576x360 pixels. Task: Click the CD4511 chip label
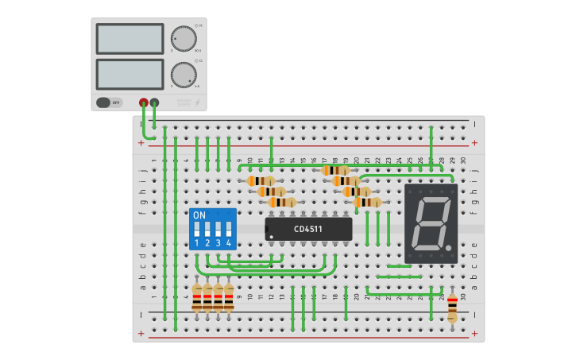click(x=308, y=230)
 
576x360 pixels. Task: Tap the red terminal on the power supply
click(x=144, y=103)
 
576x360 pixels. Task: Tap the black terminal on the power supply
click(x=154, y=103)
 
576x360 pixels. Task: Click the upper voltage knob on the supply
click(x=184, y=38)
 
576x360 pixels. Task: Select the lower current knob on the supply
click(x=184, y=75)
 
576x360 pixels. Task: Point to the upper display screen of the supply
click(x=130, y=38)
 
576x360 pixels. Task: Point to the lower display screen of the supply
click(x=130, y=75)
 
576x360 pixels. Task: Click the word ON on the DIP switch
click(x=199, y=215)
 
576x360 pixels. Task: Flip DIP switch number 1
click(x=197, y=230)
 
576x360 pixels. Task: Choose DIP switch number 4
click(x=229, y=230)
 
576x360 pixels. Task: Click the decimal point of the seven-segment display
click(x=449, y=250)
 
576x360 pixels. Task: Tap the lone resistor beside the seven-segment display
click(x=452, y=307)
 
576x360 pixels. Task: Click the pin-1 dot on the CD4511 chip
click(x=272, y=237)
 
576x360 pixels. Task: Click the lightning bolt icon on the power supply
click(x=198, y=103)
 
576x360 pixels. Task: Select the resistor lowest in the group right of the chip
click(x=367, y=202)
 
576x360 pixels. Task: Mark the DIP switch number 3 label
click(x=218, y=242)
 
